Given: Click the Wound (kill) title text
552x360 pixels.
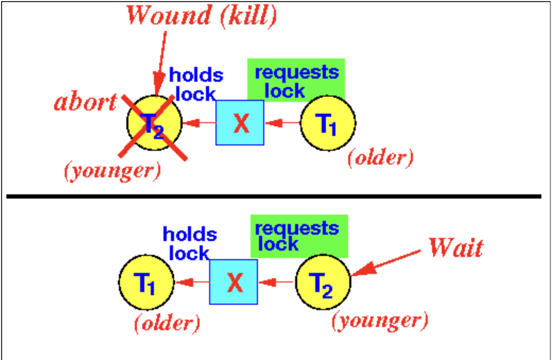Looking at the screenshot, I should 202,16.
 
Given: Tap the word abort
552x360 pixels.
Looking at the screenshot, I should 85,102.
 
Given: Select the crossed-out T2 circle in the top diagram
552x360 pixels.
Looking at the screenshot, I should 154,123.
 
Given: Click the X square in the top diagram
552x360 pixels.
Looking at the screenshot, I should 240,123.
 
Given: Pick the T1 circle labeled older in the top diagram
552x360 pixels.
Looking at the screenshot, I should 328,123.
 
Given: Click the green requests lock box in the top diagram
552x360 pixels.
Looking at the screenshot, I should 296,80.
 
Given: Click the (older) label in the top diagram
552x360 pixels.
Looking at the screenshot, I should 380,158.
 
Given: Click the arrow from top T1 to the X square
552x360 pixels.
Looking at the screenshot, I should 282,123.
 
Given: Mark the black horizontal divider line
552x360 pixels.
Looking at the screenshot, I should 273,196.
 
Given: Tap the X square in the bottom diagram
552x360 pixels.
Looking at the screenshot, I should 234,282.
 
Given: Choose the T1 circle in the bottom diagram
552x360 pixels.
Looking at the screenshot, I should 146,282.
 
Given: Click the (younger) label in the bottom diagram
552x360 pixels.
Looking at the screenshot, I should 379,320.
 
